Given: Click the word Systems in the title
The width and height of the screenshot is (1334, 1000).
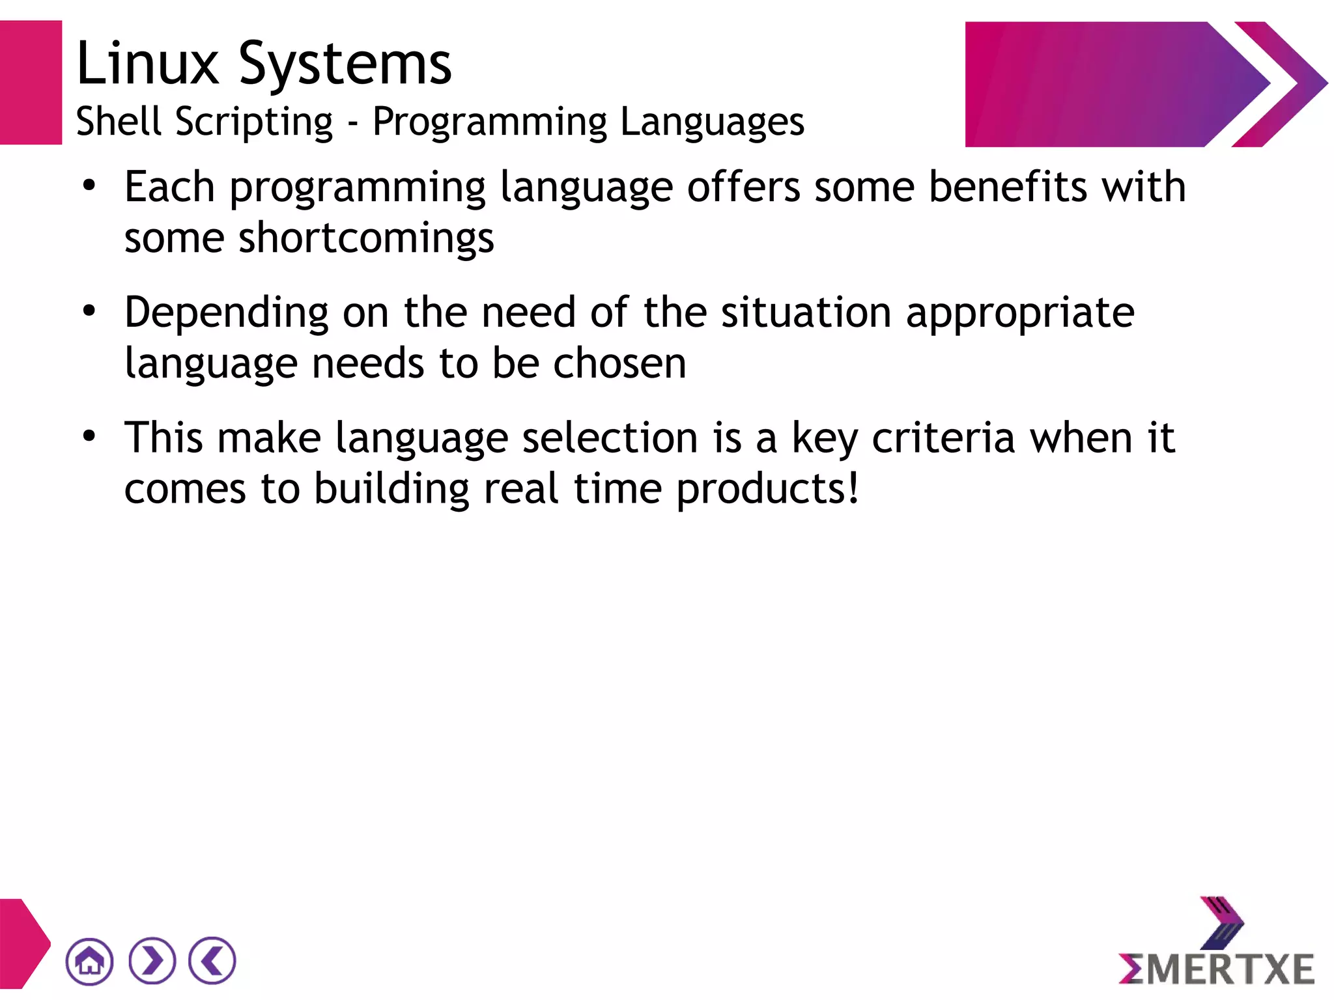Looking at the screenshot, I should (345, 65).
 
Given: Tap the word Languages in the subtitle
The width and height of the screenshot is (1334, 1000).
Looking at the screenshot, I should (712, 122).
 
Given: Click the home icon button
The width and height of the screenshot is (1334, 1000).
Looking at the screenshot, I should (89, 961).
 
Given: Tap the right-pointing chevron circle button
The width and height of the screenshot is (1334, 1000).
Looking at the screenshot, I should (152, 961).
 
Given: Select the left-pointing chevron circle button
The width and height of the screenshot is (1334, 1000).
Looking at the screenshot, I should (212, 961).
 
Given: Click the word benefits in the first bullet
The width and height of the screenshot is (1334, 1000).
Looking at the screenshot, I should (1008, 187).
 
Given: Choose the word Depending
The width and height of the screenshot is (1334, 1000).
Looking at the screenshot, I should (226, 314).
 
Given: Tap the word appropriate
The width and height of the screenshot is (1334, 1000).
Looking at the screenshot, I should (1020, 314).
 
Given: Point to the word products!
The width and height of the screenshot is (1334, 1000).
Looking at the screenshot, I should (768, 490).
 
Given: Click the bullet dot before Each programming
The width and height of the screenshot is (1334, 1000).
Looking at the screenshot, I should (89, 186).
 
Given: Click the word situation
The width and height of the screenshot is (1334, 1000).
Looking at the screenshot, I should (806, 312).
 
